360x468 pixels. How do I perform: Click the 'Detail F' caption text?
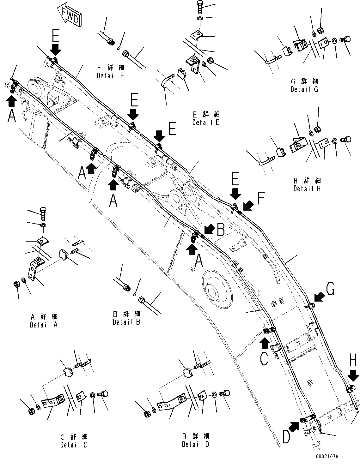[x=110, y=76]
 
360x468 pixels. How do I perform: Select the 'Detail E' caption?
[x=206, y=123]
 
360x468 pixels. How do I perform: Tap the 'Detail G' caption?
[x=304, y=89]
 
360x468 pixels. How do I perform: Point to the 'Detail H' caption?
[x=307, y=189]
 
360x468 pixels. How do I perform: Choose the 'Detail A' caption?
[x=44, y=324]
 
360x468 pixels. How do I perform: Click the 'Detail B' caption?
[x=126, y=322]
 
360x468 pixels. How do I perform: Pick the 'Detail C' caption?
[x=74, y=445]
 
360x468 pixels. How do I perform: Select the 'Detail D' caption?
[x=196, y=444]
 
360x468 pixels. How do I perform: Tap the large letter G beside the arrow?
[x=330, y=289]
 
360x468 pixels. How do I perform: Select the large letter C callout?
[x=264, y=358]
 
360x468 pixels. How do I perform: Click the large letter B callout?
[x=221, y=230]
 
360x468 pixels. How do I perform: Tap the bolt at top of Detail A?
[x=43, y=213]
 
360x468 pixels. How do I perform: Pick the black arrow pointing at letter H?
[x=353, y=376]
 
